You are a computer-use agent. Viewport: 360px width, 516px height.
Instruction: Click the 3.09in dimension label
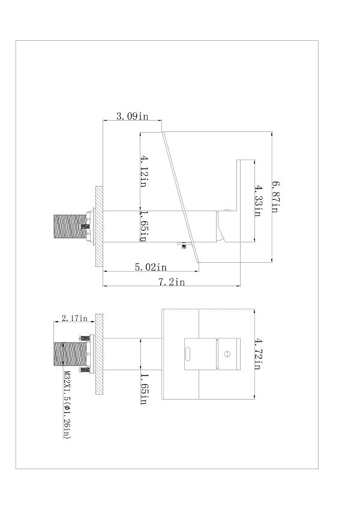[132, 116]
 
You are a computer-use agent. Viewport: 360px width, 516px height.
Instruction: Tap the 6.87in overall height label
[275, 197]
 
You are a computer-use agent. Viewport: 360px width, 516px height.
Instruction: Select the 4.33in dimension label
[257, 201]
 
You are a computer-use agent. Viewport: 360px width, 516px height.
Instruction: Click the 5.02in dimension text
[151, 267]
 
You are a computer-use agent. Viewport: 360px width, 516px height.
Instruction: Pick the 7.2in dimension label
[172, 282]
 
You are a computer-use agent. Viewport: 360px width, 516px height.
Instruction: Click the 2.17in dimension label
[74, 318]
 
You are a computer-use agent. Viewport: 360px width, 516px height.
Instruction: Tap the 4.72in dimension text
[257, 353]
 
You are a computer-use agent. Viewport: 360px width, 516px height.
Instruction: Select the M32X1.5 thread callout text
[67, 405]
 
